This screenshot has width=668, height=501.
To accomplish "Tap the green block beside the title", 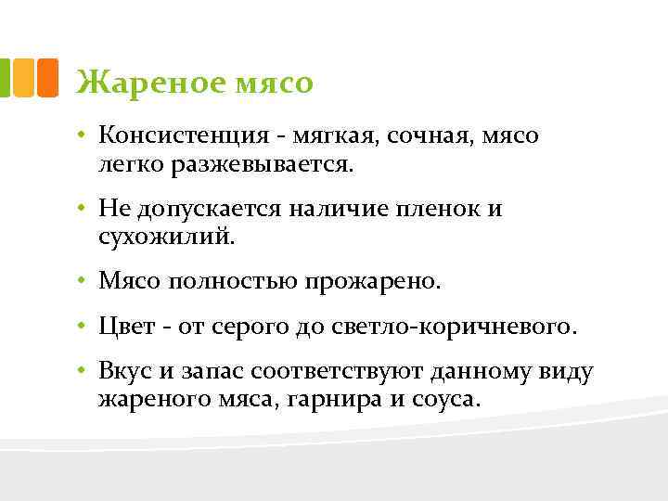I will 6,78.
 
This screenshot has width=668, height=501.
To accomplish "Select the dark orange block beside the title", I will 47,78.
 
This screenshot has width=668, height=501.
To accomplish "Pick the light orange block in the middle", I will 25,78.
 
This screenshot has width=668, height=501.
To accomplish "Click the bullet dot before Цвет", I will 83,327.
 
